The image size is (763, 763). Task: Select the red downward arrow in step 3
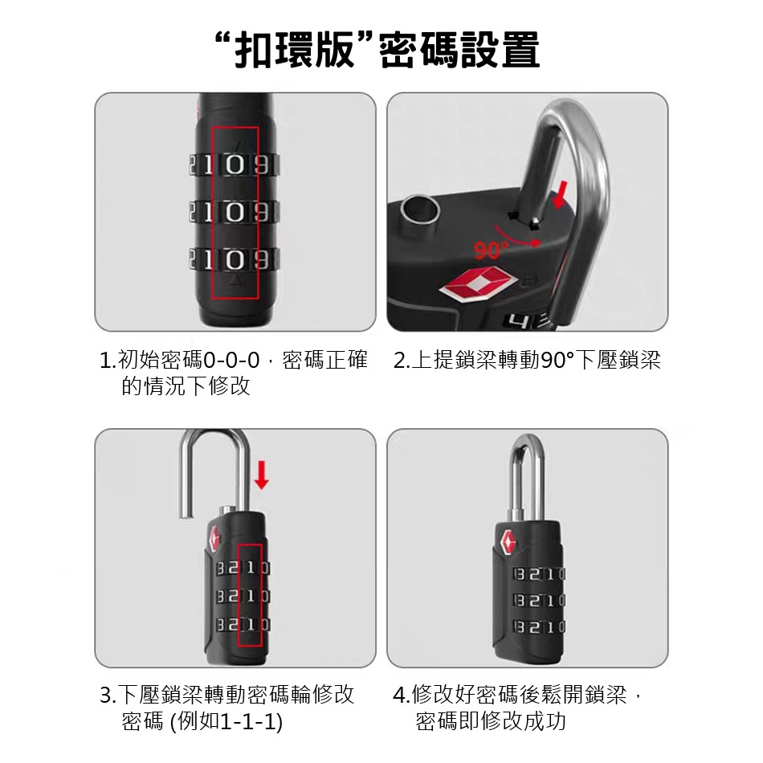click(261, 473)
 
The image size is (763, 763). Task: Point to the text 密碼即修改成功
click(491, 721)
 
